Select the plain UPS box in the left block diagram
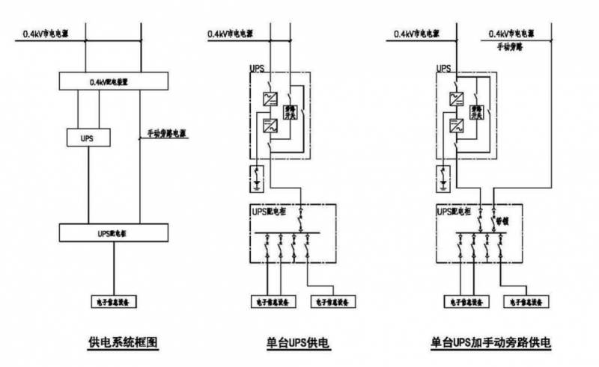(87, 138)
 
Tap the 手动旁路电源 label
(165, 135)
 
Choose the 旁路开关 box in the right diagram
(475, 111)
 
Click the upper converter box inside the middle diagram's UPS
(269, 98)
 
